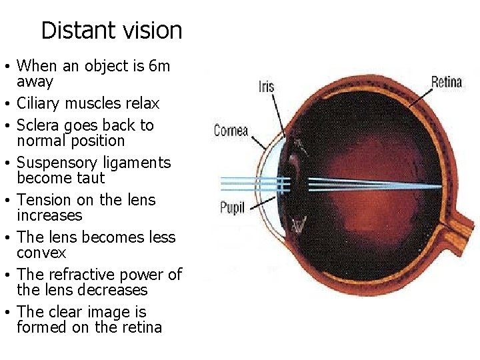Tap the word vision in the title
click(x=155, y=30)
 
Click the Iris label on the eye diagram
click(x=266, y=86)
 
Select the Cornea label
click(x=231, y=131)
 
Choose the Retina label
click(x=447, y=83)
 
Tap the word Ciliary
click(x=39, y=103)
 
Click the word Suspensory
click(x=56, y=163)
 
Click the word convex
click(x=41, y=253)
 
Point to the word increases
click(x=49, y=215)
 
